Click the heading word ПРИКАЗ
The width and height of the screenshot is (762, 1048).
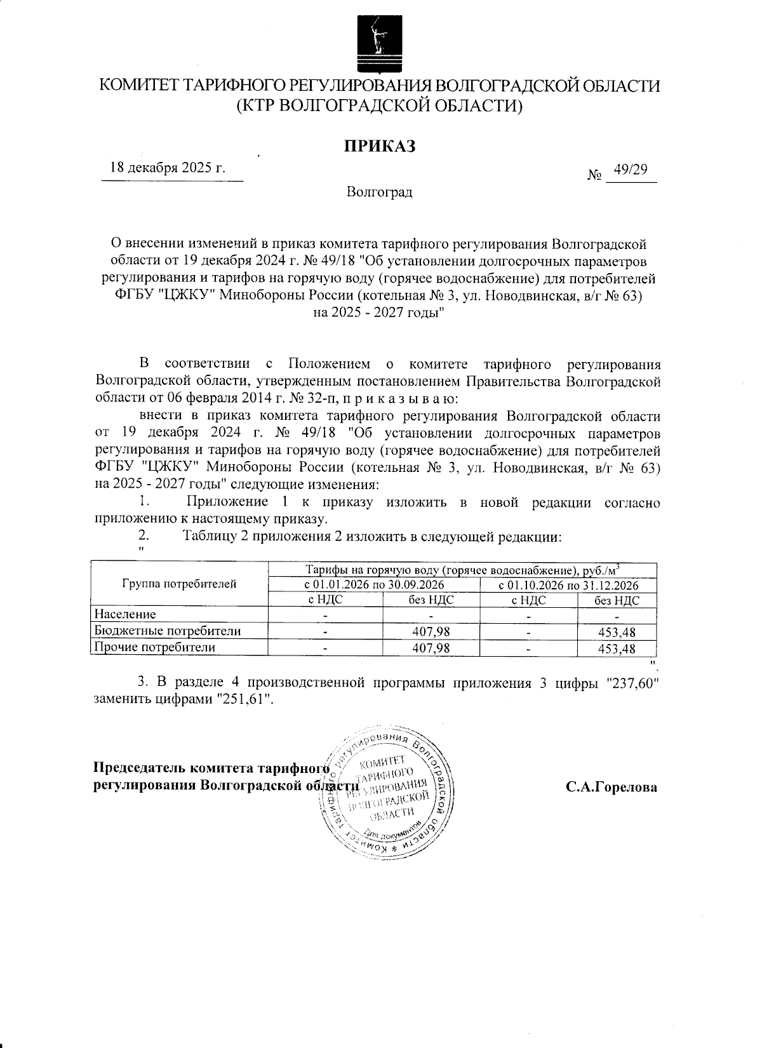(380, 147)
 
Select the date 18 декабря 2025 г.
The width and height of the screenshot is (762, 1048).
(168, 168)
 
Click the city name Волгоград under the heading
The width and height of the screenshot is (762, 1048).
(380, 192)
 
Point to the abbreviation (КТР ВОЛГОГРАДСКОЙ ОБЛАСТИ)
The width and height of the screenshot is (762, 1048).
(380, 105)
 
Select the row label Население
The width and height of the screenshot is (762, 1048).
(125, 614)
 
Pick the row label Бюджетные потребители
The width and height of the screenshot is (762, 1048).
(168, 631)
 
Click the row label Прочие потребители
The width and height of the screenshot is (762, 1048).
(155, 647)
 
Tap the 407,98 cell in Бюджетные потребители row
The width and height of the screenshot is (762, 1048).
(431, 631)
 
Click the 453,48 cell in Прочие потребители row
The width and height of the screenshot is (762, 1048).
(617, 648)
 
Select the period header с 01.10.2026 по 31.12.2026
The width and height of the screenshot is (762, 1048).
(568, 585)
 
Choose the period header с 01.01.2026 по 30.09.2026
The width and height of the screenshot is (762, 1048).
(374, 584)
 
